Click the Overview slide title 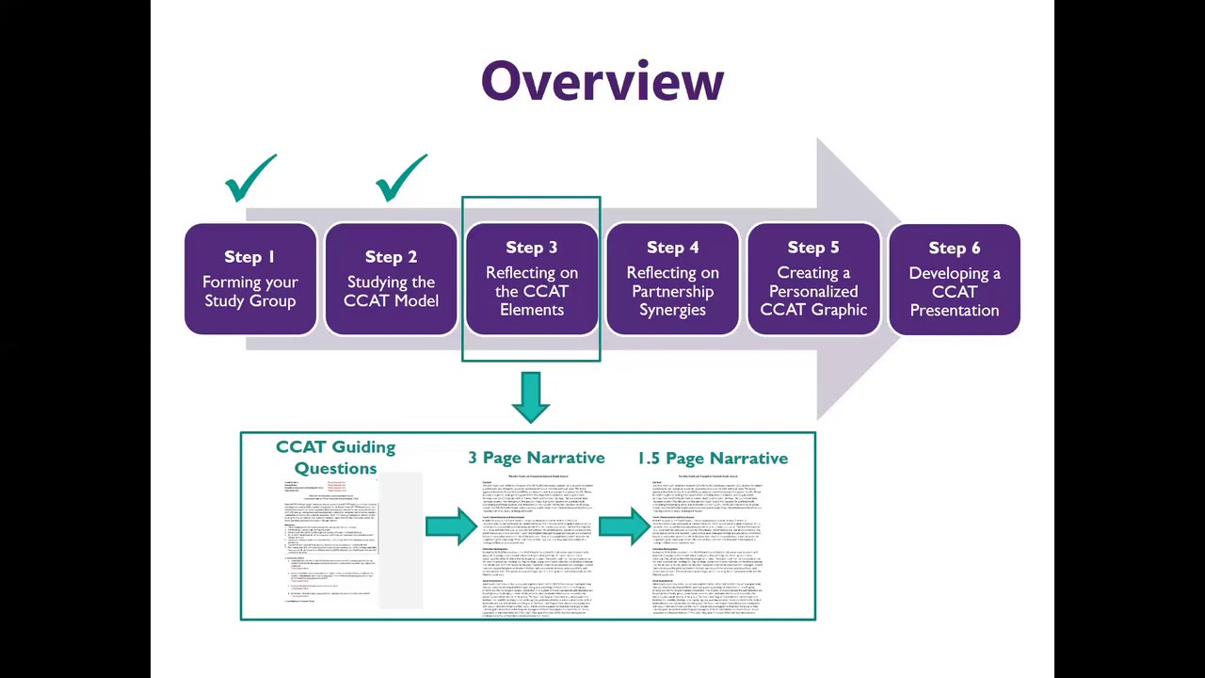pyautogui.click(x=602, y=82)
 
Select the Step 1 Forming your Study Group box pyautogui.click(x=249, y=279)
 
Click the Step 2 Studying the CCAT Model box pyautogui.click(x=391, y=279)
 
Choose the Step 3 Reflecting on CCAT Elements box pyautogui.click(x=532, y=279)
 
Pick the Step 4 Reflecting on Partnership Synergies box pyautogui.click(x=672, y=279)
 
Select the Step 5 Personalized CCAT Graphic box pyautogui.click(x=813, y=279)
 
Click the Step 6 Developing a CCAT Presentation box pyautogui.click(x=954, y=279)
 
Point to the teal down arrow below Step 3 pyautogui.click(x=531, y=396)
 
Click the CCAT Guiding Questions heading pyautogui.click(x=335, y=457)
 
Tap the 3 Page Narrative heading pyautogui.click(x=537, y=458)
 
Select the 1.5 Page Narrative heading pyautogui.click(x=713, y=458)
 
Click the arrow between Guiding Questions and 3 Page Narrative pyautogui.click(x=451, y=526)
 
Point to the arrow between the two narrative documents pyautogui.click(x=623, y=526)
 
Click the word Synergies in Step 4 pyautogui.click(x=672, y=310)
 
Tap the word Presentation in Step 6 pyautogui.click(x=954, y=310)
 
